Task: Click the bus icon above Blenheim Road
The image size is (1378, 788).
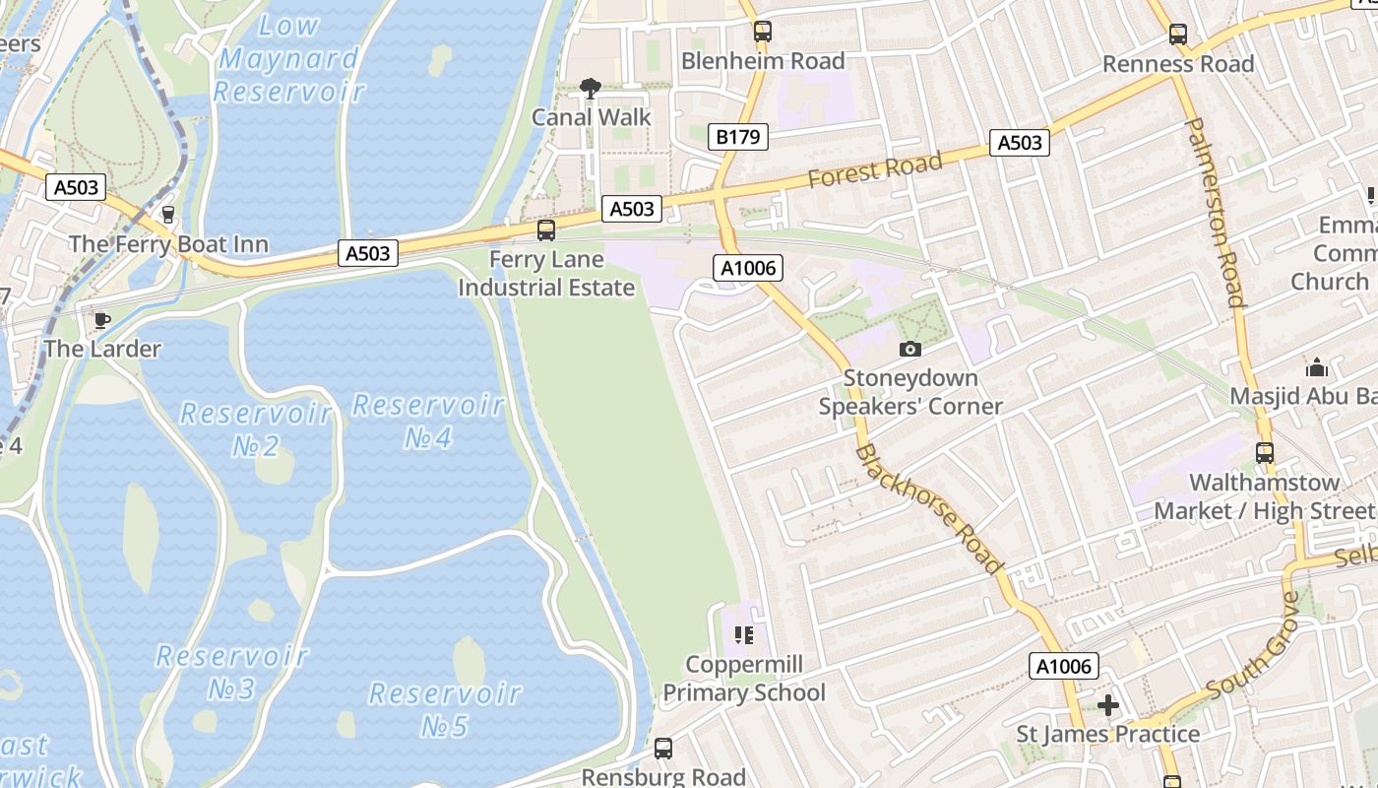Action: (762, 32)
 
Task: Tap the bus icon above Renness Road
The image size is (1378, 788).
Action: (1178, 34)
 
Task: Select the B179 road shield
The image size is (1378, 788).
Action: (737, 137)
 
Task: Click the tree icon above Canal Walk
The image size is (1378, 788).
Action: (591, 90)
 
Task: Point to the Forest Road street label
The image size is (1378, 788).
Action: (875, 168)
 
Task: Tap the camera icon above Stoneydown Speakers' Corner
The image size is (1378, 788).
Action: (910, 349)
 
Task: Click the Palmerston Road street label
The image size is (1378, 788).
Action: (1217, 212)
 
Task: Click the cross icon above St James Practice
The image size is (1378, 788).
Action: (1108, 705)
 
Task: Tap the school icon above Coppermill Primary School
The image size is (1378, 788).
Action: (744, 634)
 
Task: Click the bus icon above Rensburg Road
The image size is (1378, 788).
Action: (663, 749)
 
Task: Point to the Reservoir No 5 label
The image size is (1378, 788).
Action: (444, 709)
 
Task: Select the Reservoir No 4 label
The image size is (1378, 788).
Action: (428, 421)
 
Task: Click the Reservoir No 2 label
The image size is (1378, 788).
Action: (256, 428)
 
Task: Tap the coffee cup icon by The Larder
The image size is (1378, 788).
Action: (100, 319)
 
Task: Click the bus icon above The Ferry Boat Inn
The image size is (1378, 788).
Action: (167, 214)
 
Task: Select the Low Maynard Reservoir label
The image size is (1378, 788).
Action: (288, 59)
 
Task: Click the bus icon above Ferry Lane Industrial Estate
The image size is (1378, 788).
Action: (545, 230)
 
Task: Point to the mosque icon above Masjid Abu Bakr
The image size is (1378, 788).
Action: (1317, 368)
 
